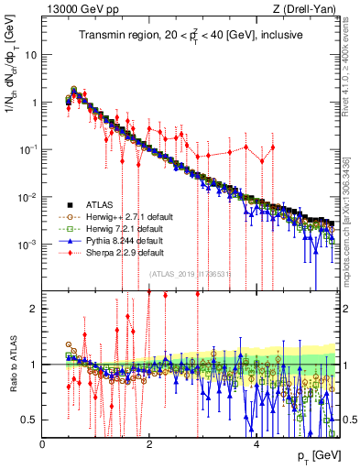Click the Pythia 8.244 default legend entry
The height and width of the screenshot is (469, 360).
coord(117,241)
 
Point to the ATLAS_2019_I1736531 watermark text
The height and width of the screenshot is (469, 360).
coord(190,274)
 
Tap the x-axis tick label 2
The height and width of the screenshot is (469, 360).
coord(150,443)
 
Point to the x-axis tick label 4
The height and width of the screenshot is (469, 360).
coord(257,443)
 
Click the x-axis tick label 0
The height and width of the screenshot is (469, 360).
coord(43,443)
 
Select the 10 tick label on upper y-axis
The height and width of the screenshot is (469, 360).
coord(31,55)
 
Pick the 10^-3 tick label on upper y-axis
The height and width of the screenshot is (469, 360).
coord(28,245)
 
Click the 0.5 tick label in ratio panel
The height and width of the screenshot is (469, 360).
coord(30,420)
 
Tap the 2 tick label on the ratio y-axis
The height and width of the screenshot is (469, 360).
coord(35,309)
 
